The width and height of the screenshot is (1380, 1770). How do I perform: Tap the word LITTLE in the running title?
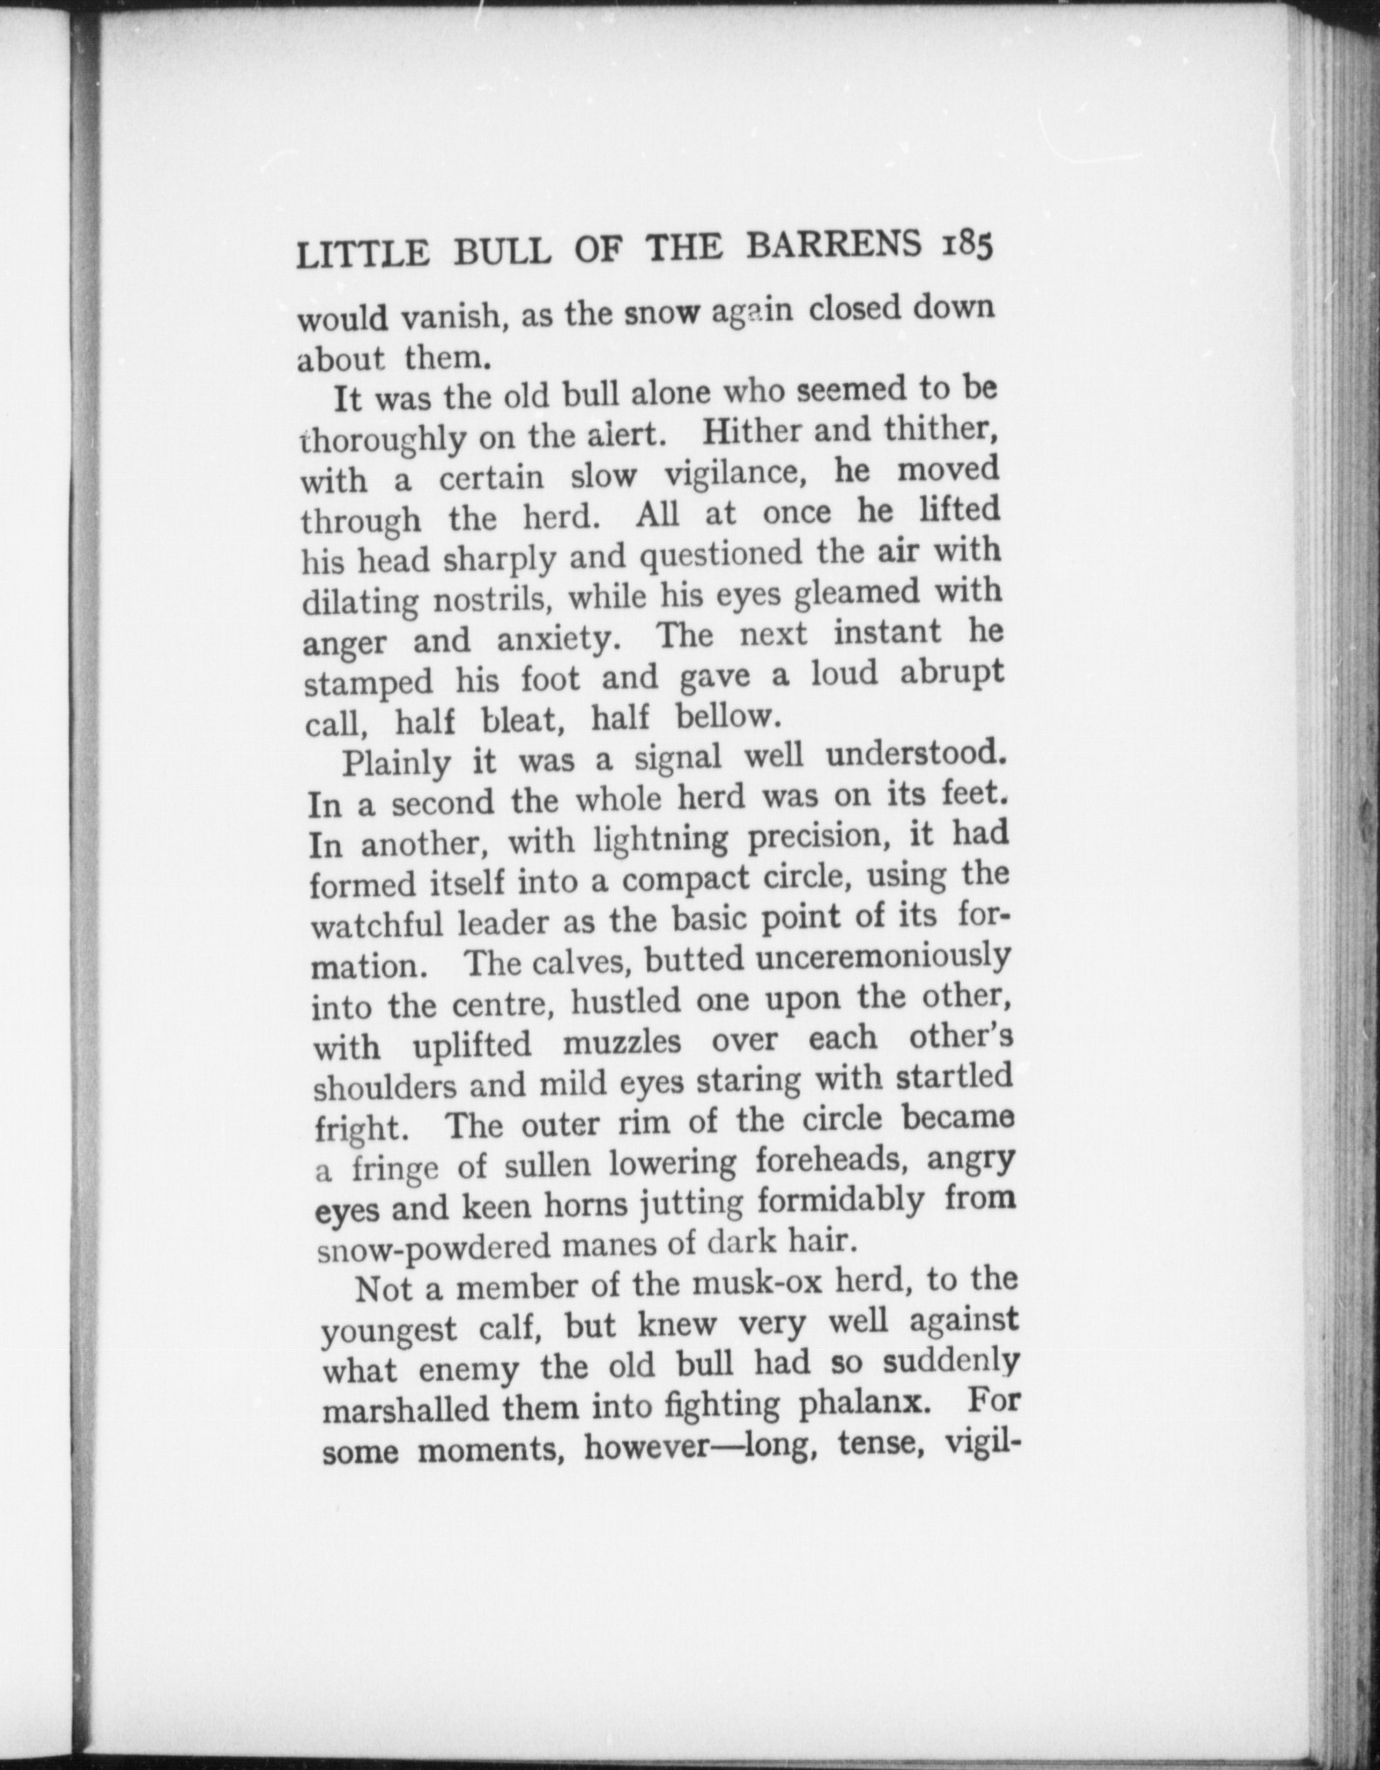coord(363,253)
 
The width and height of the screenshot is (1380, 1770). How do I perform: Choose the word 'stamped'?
coord(369,682)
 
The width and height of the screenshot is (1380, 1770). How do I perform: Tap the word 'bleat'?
coord(521,720)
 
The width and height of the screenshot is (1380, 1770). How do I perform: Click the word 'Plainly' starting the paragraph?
coord(396,763)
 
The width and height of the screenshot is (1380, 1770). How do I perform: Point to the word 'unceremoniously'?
coord(883,958)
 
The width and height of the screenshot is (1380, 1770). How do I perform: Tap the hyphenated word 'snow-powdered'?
coord(433,1246)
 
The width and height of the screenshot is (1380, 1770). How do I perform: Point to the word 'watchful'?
coord(376,923)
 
